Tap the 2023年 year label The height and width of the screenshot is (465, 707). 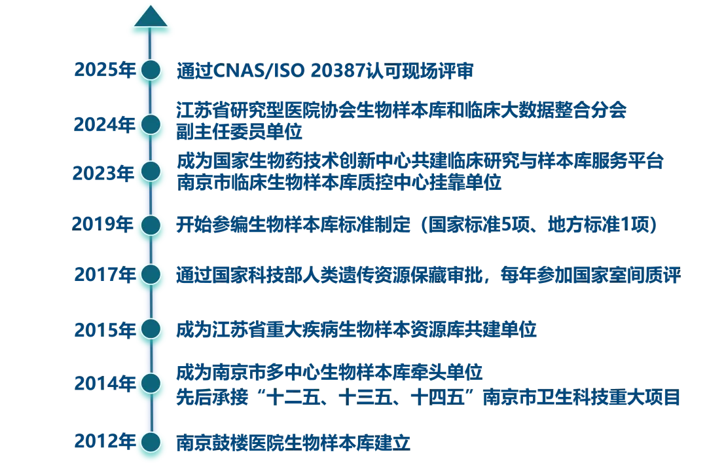coord(101,173)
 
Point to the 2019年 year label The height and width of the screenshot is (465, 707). coord(101,225)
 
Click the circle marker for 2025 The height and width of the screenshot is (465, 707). coord(151,69)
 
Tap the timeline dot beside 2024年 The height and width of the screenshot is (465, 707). coord(151,124)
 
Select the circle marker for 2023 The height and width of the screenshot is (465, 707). coord(151,172)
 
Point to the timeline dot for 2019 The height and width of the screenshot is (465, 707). coord(151,225)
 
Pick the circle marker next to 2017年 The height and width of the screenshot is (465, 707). coord(151,273)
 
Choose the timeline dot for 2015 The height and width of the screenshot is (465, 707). coord(151,327)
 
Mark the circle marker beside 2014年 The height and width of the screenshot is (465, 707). coord(151,382)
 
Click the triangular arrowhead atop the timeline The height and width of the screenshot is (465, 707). coord(151,18)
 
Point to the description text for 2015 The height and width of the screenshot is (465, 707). coord(357,330)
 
